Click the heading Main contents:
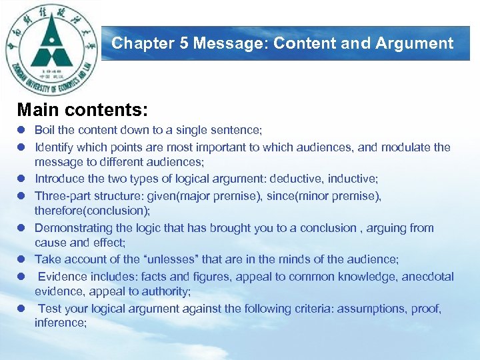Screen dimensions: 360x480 click(83, 109)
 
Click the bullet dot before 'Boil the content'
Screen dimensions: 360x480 click(22, 131)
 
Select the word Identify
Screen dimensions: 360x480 click(55, 147)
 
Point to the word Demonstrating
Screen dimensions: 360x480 click(74, 228)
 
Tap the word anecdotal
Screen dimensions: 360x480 click(427, 276)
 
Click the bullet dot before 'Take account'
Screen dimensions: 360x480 click(22, 260)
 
